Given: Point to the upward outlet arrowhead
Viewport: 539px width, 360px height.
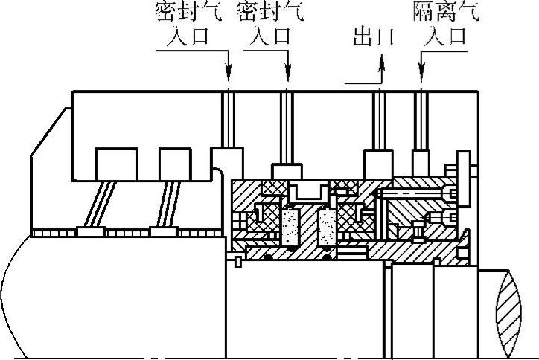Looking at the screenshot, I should [381, 65].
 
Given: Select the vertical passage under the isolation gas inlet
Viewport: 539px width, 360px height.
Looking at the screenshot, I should [422, 119].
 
